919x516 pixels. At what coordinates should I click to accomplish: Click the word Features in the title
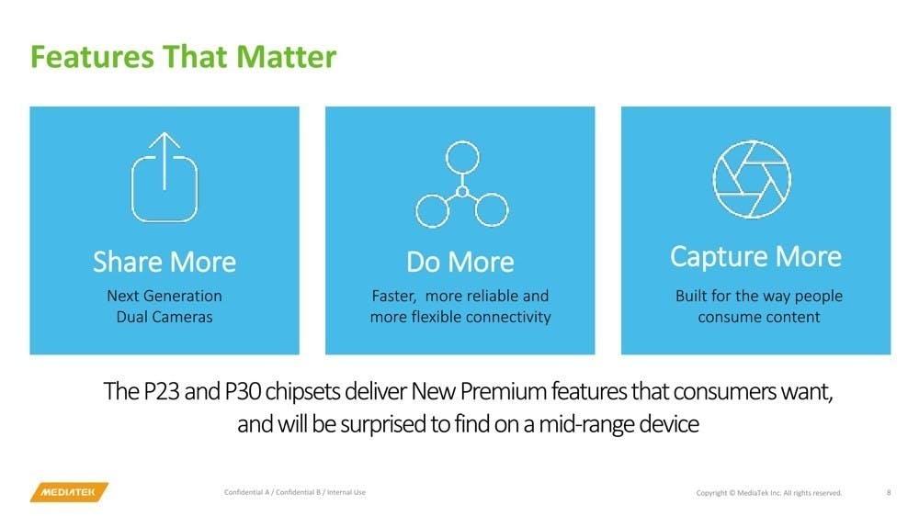[x=92, y=57]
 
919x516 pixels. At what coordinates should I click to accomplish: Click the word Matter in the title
[x=287, y=57]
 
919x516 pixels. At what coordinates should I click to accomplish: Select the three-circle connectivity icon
[x=462, y=184]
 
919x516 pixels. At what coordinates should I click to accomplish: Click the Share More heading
[x=165, y=262]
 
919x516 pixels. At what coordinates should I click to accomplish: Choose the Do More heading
[x=460, y=262]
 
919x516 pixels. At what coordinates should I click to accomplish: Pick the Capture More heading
[x=756, y=257]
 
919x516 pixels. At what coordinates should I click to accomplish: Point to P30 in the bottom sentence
[x=243, y=391]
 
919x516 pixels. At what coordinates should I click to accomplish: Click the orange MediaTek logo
[x=69, y=492]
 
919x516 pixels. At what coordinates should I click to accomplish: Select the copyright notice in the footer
[x=769, y=492]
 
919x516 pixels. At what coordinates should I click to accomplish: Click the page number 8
[x=889, y=492]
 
